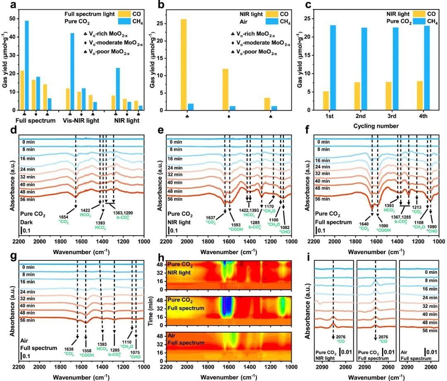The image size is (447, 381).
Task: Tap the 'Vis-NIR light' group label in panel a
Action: pos(82,121)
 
